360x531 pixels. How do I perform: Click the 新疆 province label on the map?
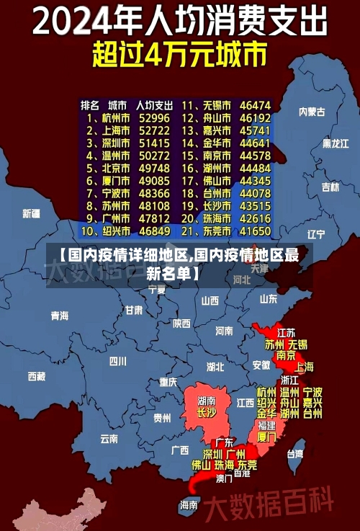pos(32,213)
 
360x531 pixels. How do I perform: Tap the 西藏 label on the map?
pos(37,376)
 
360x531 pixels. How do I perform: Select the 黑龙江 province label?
pos(335,143)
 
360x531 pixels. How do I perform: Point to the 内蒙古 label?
pos(312,112)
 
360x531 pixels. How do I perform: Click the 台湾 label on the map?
pos(295,454)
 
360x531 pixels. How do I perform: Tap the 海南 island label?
pos(189,505)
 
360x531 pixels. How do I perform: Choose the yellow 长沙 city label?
pos(207,413)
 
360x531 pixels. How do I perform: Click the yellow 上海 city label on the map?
pos(304,367)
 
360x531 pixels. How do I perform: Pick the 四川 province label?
pos(117,361)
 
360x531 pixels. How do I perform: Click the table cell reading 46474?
pos(255,104)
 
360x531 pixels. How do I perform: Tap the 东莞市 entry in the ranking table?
pos(217,231)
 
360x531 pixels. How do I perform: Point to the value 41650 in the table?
pos(255,231)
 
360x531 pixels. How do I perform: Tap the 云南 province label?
pos(109,437)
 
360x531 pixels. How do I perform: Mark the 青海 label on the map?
pos(60,316)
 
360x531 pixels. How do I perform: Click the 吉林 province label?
pos(330,187)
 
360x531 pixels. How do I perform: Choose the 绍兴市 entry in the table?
pos(115,231)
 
